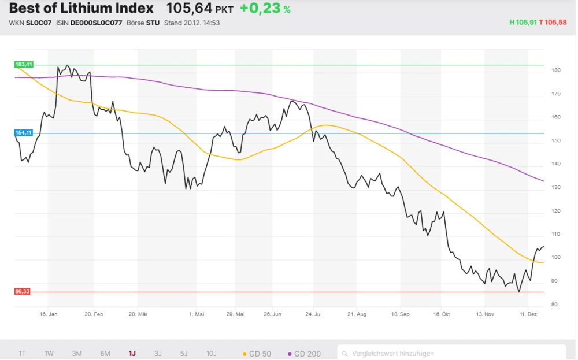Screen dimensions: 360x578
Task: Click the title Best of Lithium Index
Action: [x=81, y=9]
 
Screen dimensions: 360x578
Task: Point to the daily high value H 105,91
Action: [x=523, y=23]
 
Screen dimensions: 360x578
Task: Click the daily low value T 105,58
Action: [x=553, y=23]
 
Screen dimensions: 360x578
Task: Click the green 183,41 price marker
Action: [x=24, y=64]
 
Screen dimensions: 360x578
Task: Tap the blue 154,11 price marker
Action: [x=24, y=133]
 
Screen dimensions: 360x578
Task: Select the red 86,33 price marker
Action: [x=22, y=292]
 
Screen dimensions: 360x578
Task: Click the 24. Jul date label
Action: [x=313, y=314]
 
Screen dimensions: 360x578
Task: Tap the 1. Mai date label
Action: [x=197, y=314]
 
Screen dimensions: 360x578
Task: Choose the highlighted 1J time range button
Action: [x=132, y=354]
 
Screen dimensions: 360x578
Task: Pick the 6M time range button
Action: [x=105, y=354]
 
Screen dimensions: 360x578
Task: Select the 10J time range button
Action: [x=212, y=354]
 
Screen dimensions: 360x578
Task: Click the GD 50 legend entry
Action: [x=257, y=354]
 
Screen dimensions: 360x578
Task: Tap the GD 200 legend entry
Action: [x=304, y=354]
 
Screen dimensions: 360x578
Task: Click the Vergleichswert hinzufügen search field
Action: [x=451, y=354]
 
